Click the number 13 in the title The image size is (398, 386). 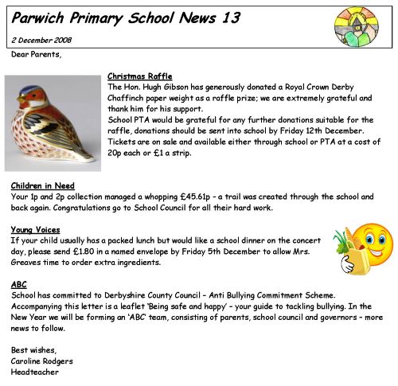[230, 18]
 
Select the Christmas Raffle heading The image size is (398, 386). [139, 76]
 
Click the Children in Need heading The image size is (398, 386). [43, 185]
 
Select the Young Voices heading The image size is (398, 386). [37, 229]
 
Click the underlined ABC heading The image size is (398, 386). [19, 284]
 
